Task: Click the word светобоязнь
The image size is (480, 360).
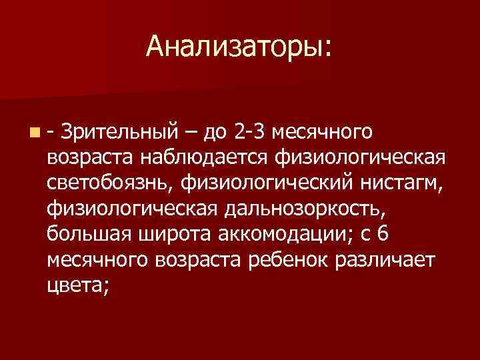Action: [110, 182]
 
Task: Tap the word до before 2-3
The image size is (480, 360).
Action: [215, 130]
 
